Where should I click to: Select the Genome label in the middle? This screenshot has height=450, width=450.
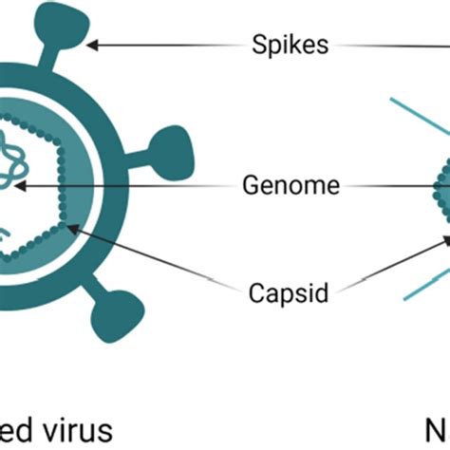291,187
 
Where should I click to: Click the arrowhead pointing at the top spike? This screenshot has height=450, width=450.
93,43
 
